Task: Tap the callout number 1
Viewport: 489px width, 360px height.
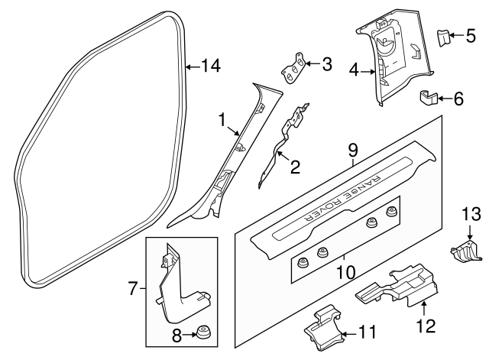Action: [222, 120]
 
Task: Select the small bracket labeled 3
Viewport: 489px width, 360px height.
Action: [293, 70]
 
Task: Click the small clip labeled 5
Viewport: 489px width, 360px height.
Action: [442, 35]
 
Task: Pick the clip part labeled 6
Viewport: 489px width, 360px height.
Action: [429, 98]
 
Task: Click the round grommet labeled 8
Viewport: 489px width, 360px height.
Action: [203, 333]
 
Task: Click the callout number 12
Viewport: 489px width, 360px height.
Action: [425, 326]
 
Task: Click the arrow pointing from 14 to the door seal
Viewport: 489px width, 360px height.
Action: [195, 66]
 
